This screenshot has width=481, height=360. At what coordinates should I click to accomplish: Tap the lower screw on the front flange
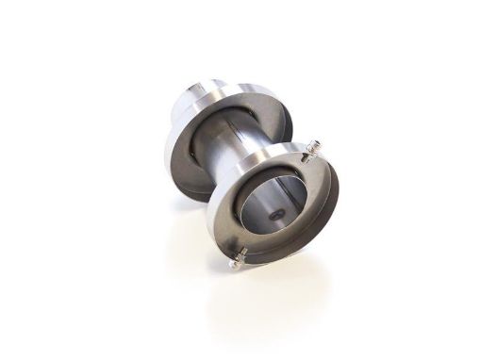tap(240, 254)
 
